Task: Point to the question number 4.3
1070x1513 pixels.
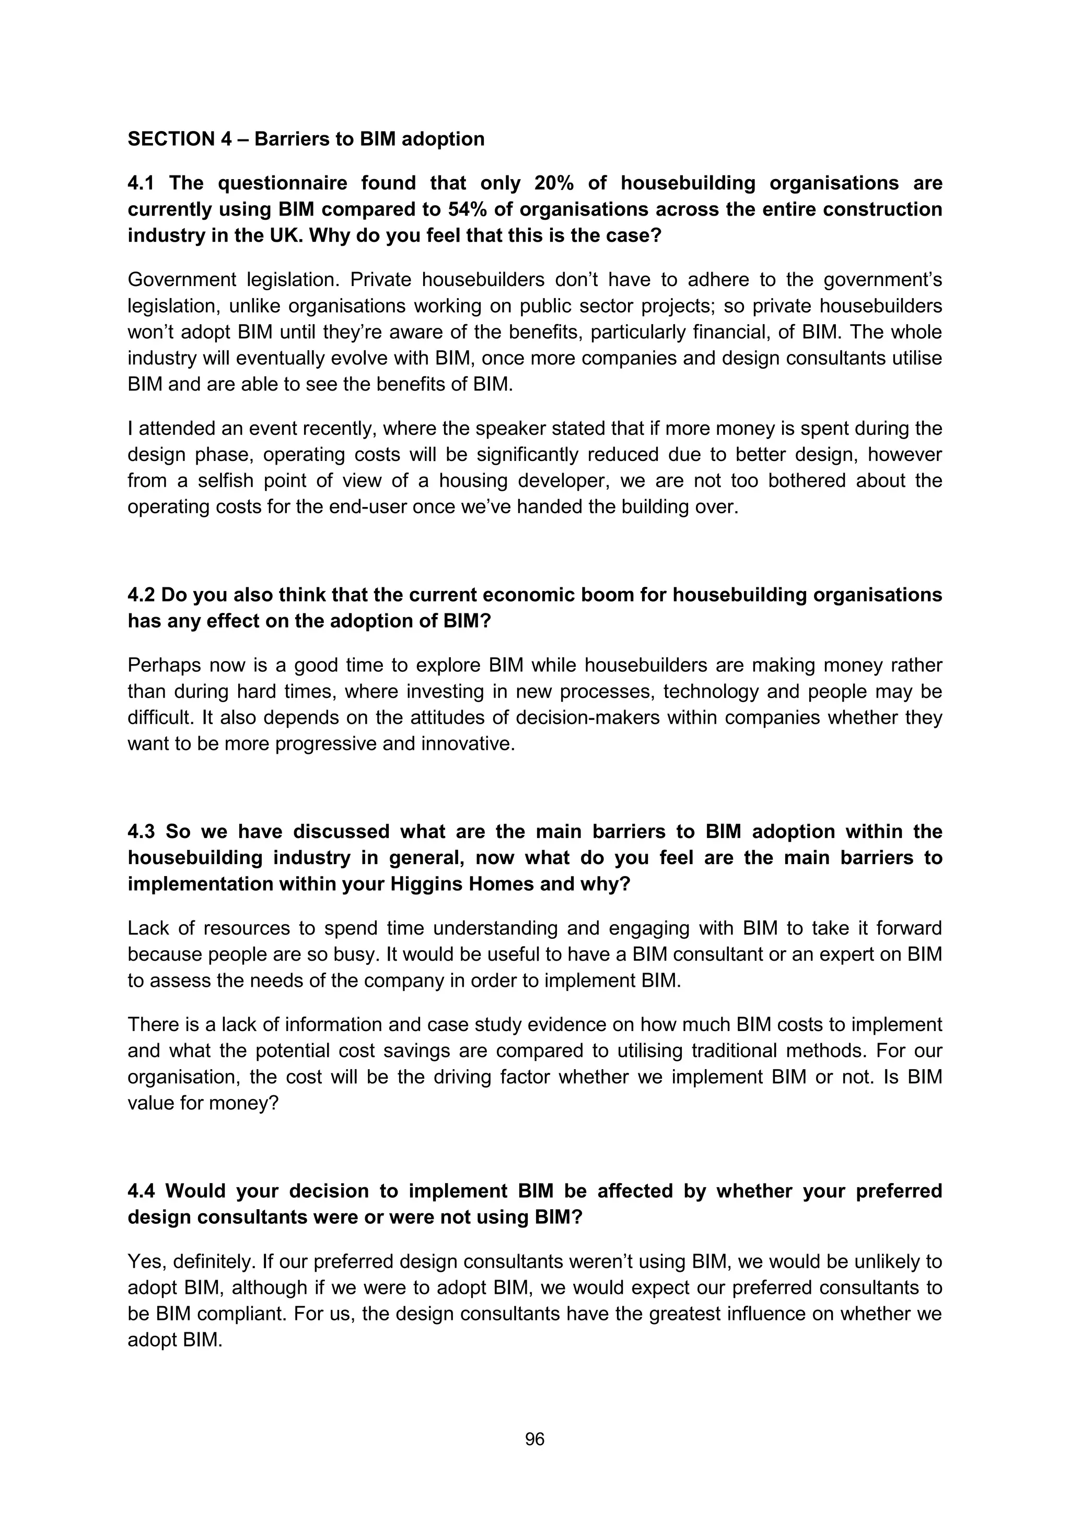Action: point(141,831)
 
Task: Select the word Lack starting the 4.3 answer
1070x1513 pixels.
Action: point(148,928)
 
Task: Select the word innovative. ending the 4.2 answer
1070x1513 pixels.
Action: point(468,743)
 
